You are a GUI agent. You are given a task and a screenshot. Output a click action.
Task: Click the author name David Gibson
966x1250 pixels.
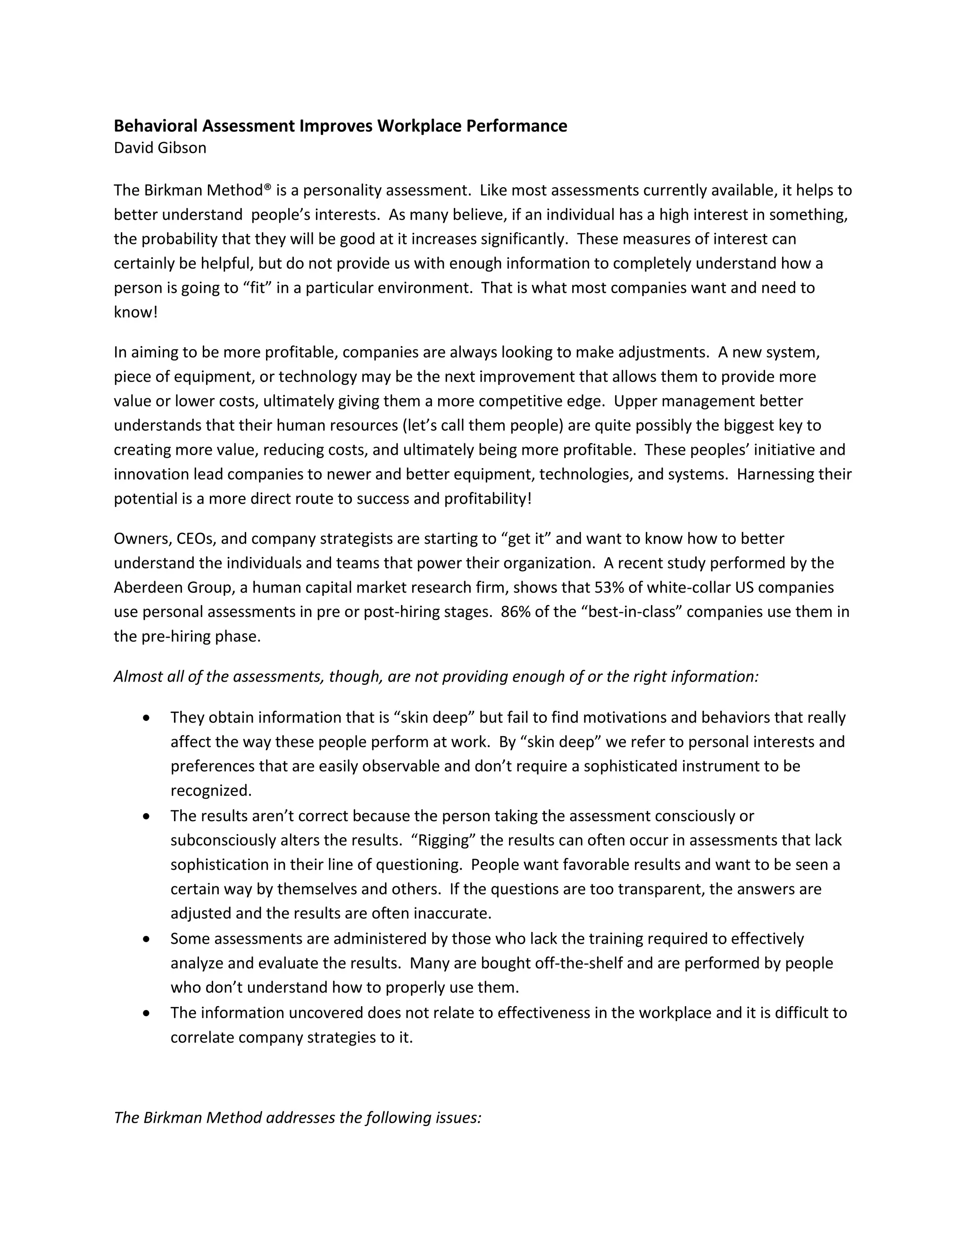tap(160, 148)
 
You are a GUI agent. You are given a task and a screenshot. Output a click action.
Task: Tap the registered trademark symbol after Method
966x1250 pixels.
tap(268, 187)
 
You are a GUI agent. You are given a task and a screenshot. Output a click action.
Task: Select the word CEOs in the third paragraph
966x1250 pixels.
tap(195, 539)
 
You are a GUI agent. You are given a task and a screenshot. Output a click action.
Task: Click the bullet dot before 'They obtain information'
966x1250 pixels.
tap(147, 717)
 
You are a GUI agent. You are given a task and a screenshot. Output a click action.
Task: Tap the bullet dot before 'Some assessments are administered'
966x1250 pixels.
tap(147, 939)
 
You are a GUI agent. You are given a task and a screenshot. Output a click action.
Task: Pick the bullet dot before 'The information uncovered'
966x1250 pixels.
tap(147, 1012)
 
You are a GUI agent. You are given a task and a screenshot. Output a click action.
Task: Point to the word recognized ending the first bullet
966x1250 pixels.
tap(210, 791)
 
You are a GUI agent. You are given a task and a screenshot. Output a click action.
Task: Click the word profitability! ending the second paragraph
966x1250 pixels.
tap(488, 499)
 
